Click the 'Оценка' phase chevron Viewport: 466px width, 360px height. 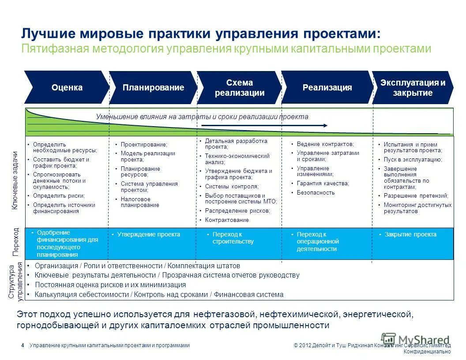point(67,87)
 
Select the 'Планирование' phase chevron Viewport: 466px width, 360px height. point(153,87)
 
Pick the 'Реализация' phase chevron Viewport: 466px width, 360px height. point(327,87)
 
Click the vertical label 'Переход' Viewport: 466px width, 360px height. point(16,242)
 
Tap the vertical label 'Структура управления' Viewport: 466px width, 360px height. point(15,281)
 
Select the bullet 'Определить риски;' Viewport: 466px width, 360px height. point(59,195)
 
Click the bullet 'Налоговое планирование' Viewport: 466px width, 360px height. point(140,202)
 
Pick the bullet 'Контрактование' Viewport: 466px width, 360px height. point(227,220)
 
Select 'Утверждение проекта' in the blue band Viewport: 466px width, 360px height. point(148,234)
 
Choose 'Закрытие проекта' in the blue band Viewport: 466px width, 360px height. point(410,234)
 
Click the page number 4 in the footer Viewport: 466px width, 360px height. point(23,345)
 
